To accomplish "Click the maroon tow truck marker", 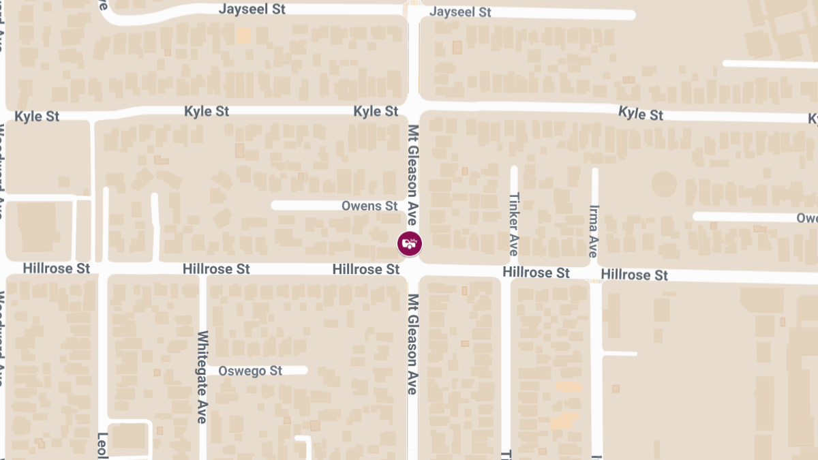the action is (410, 243).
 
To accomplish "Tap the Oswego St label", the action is (251, 371).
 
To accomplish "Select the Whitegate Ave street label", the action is (202, 377).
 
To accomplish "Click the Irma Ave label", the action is (593, 232).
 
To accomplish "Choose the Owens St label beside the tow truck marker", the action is (369, 206).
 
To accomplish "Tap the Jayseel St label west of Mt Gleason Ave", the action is (252, 10).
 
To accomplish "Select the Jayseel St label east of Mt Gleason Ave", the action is (460, 12).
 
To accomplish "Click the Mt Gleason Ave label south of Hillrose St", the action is (412, 344).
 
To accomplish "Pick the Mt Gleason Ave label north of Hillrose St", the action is (412, 175).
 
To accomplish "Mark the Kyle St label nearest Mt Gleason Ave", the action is (376, 111).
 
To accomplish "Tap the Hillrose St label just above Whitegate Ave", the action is (216, 269).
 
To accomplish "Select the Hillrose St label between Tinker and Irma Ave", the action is (536, 273).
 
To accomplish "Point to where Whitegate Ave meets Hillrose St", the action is (202, 269).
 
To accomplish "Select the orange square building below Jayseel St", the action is (243, 35).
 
